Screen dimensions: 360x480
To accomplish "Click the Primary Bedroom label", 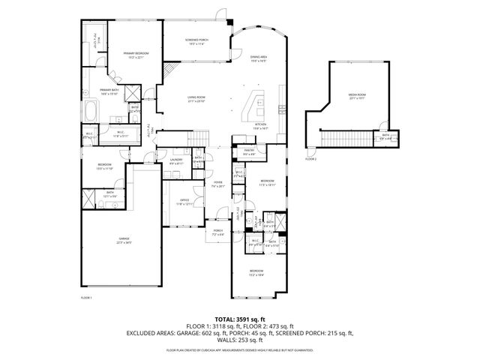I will click(x=136, y=55).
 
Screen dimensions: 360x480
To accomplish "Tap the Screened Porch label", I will click(x=198, y=41).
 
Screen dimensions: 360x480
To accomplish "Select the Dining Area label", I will click(x=259, y=58).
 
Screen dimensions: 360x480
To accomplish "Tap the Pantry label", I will click(x=250, y=153).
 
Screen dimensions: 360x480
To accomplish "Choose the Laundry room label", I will click(x=176, y=161).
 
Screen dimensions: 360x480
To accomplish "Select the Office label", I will click(x=184, y=202).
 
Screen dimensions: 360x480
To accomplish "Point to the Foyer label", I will click(x=218, y=184).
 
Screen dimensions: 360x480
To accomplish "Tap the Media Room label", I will click(x=357, y=96).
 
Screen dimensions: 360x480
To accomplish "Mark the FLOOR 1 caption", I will click(x=85, y=298).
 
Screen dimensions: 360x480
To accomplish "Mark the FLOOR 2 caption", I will click(x=310, y=160).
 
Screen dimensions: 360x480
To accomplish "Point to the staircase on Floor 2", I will click(x=346, y=139).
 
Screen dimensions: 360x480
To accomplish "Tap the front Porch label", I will click(x=218, y=232).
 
